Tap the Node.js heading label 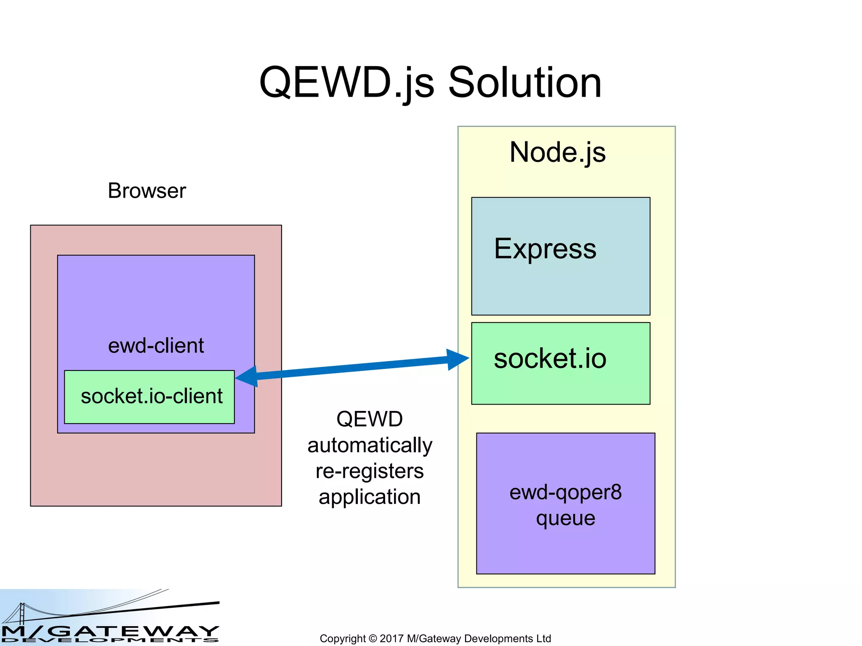[557, 152]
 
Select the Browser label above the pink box [146, 191]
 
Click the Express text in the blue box [545, 249]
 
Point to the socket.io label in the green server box [550, 359]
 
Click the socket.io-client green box [149, 397]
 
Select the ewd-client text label [156, 346]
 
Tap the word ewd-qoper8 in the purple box [565, 492]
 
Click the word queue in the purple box [565, 518]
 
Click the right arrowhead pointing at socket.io [458, 359]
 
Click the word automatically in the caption [370, 445]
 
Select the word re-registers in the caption [370, 471]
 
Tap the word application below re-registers [370, 497]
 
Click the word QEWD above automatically [370, 419]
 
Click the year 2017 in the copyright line [391, 638]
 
